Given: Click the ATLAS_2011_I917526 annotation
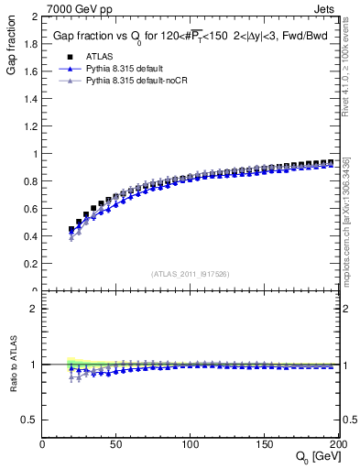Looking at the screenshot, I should coord(190,274).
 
